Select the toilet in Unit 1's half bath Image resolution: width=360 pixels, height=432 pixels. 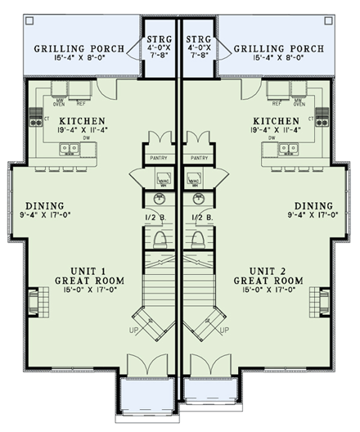(160, 240)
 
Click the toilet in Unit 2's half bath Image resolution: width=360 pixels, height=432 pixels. (197, 240)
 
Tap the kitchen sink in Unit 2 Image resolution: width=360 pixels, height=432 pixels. (286, 149)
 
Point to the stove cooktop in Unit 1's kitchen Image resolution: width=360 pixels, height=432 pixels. (36, 121)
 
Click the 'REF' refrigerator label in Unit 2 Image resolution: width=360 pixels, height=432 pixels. (277, 105)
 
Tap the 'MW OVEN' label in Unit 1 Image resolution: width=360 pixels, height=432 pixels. (58, 103)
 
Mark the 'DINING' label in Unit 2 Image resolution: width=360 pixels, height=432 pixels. (314, 205)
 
